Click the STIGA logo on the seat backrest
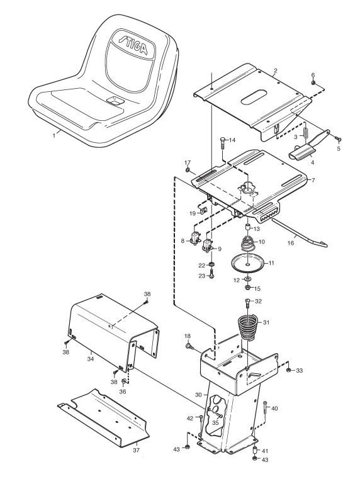[x=133, y=45]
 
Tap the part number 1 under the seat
[x=54, y=135]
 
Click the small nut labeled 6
[x=313, y=83]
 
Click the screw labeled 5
[x=338, y=139]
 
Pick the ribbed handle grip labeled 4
[x=300, y=152]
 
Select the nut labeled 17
[x=188, y=169]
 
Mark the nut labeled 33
[x=288, y=370]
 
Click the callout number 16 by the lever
[x=291, y=243]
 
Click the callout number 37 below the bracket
[x=137, y=450]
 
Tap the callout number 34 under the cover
[x=91, y=359]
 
